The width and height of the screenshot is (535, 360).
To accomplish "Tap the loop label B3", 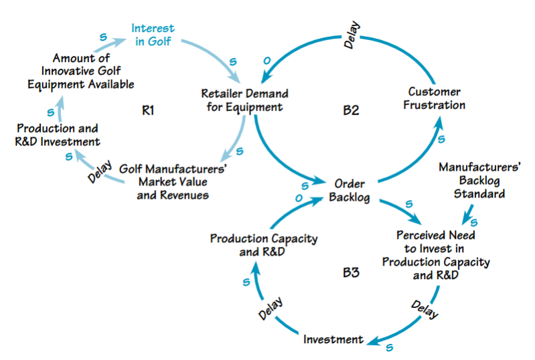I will tap(351, 272).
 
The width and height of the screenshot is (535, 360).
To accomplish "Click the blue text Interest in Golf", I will tap(153, 35).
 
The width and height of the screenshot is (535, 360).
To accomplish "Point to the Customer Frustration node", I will tap(435, 98).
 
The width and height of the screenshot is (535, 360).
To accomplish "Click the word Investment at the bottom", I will tap(333, 339).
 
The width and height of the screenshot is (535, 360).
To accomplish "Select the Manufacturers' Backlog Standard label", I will tap(471, 180).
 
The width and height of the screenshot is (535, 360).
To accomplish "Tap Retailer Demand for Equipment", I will tap(242, 99).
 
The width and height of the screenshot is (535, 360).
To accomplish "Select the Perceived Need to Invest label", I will tap(435, 255).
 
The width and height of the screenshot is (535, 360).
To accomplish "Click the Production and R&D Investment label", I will tap(58, 134).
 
